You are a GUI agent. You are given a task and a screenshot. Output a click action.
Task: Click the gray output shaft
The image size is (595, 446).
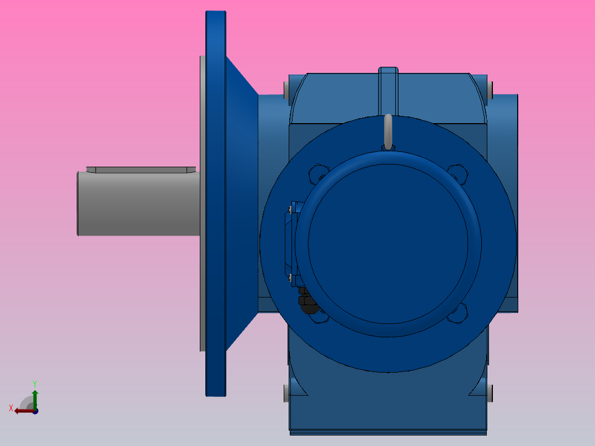pyautogui.click(x=138, y=204)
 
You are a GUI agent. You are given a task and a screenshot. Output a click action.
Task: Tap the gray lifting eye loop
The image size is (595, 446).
pyautogui.click(x=388, y=131)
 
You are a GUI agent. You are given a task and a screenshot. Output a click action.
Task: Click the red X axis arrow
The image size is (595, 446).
pyautogui.click(x=22, y=410)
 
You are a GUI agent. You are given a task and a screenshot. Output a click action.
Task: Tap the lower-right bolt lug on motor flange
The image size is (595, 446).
pyautogui.click(x=458, y=312)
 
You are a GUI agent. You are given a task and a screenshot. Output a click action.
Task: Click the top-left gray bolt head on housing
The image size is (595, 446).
pyautogui.click(x=286, y=89)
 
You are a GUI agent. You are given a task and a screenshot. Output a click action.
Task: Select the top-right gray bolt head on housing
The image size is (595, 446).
pyautogui.click(x=490, y=89)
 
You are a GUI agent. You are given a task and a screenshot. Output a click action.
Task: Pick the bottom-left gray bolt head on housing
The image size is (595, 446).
pyautogui.click(x=286, y=394)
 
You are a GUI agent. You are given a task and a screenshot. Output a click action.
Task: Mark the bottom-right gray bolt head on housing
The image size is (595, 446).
pyautogui.click(x=490, y=392)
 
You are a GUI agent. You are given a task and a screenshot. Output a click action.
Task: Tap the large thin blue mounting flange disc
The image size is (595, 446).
pyautogui.click(x=216, y=204)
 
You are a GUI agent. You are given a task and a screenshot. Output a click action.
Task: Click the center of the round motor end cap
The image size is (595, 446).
pyautogui.click(x=389, y=243)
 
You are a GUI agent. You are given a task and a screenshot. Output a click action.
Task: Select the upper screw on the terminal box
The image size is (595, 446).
pyautogui.click(x=290, y=209)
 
